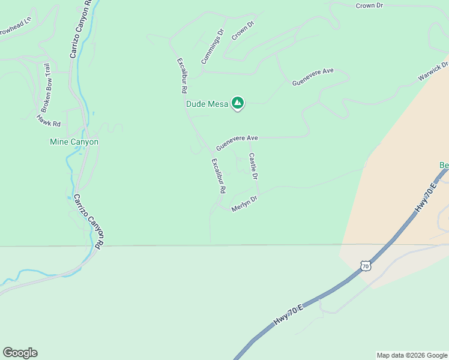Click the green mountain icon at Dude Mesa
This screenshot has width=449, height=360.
238,103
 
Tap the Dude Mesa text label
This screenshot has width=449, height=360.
207,104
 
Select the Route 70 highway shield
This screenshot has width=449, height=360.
366,265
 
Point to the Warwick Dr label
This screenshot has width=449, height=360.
433,71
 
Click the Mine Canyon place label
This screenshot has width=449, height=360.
73,142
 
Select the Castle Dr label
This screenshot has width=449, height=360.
253,167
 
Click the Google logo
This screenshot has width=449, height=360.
20,353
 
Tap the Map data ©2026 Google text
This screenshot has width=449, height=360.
412,355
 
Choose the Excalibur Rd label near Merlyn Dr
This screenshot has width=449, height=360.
218,175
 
